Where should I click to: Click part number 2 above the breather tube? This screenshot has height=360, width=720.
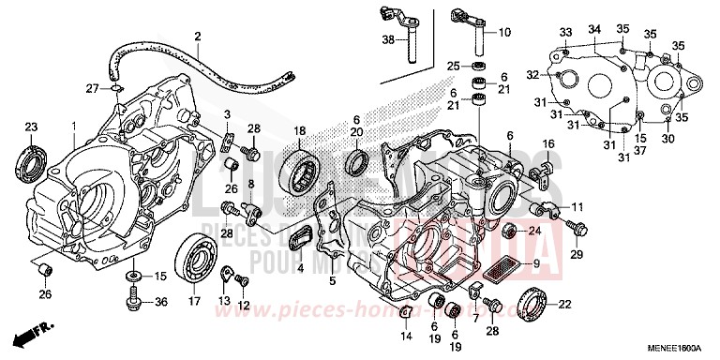coord(198,37)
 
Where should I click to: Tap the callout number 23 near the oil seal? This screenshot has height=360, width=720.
coord(30,127)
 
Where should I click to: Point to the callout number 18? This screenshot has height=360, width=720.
coord(301,130)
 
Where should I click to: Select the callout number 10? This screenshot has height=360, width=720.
coord(504,33)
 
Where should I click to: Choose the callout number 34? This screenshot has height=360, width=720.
coord(593,31)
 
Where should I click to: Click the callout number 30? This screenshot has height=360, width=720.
coord(667,139)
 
